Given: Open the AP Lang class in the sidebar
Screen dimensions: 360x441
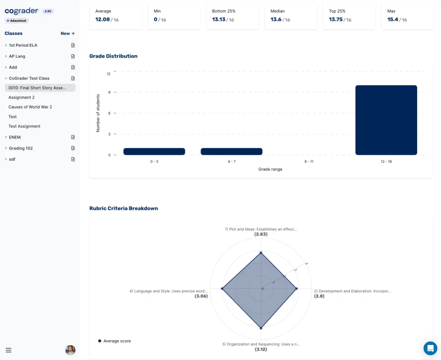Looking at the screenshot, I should (17, 56).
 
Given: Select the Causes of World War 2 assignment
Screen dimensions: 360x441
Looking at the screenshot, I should (30, 107).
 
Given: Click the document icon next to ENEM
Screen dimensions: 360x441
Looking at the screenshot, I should (73, 137).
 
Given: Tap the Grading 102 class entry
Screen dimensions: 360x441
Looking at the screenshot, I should (21, 148).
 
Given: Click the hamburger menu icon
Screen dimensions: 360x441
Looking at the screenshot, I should (8, 350).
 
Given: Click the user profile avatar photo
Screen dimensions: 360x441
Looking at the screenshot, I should (70, 350).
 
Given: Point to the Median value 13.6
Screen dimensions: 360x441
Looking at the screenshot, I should (276, 19).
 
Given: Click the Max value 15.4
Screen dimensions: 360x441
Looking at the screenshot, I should (393, 19).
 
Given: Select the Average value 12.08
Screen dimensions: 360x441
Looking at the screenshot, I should (103, 19).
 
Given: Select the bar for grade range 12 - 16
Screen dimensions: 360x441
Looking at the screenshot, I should (386, 120).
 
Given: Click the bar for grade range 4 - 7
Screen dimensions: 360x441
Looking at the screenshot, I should (232, 152).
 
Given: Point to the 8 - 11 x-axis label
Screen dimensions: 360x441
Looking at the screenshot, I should (309, 161).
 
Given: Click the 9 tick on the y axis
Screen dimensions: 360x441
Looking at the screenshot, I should (108, 92).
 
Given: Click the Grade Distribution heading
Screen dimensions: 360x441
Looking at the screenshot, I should (113, 56).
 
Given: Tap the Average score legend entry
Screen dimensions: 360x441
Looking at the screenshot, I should (115, 341).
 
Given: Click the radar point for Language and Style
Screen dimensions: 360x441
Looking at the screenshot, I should (222, 289).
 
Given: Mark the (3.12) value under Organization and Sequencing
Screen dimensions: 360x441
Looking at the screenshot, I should (261, 349).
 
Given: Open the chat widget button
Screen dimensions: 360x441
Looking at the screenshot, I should (430, 348).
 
